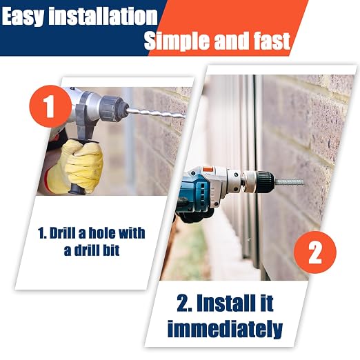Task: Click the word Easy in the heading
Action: [23, 17]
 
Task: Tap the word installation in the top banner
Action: [103, 16]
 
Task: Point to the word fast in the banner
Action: [272, 41]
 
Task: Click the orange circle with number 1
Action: [50, 106]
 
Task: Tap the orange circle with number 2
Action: [315, 252]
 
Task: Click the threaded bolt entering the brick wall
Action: [289, 183]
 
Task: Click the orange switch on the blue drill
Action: [208, 170]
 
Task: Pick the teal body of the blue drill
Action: [194, 191]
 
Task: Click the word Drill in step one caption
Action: [63, 233]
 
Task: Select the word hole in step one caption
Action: [101, 233]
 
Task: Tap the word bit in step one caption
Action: [111, 250]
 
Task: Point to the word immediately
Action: [225, 329]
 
